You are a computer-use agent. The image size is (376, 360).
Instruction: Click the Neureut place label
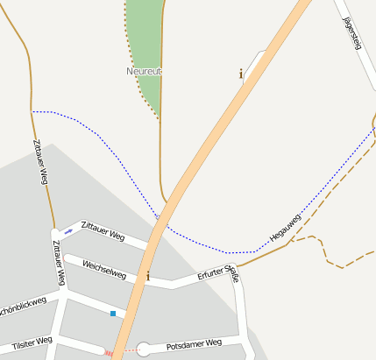point(145,71)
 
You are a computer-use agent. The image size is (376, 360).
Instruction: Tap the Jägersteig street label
point(352,33)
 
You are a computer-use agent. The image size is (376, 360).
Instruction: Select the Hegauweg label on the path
point(285,227)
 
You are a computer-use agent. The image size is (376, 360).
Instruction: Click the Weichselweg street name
point(104,269)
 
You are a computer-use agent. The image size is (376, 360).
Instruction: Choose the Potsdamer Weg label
point(194,344)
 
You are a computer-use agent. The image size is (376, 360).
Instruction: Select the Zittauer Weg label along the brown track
point(39,161)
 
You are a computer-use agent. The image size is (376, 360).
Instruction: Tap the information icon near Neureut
point(241,74)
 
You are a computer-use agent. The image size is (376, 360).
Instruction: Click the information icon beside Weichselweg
point(147,277)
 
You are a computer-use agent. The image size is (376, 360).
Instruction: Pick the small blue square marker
point(112,313)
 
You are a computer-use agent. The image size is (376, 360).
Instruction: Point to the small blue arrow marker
point(68,231)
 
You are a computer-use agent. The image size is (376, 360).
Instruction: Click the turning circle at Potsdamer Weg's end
point(144,349)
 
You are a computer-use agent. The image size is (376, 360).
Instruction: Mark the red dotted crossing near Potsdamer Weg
point(110,353)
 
